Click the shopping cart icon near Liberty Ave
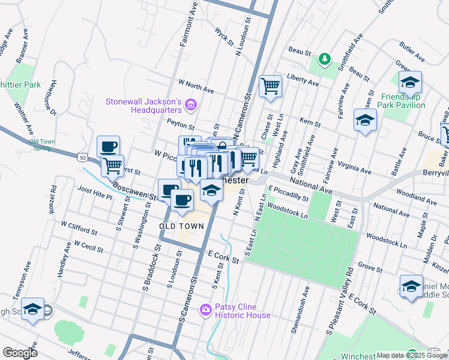271,86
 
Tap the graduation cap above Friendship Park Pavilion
410,82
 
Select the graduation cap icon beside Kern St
365,120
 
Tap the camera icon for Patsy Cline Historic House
206,310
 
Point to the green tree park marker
325,58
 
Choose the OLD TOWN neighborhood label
181,226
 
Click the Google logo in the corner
20,352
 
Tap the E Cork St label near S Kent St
223,257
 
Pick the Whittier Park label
20,85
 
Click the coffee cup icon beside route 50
109,146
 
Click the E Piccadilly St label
288,193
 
